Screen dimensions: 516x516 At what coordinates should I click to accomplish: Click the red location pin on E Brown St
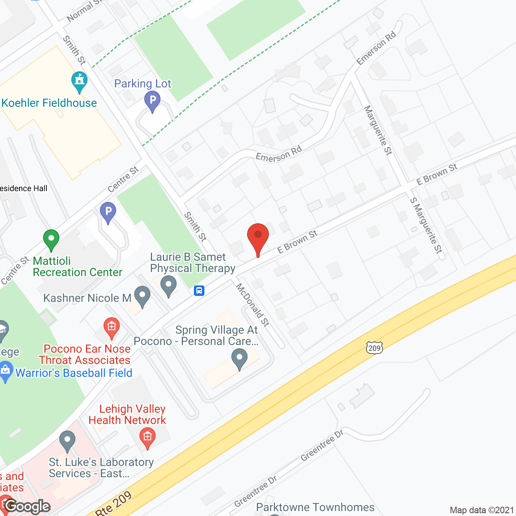[x=258, y=236]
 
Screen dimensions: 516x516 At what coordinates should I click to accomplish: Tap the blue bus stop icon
[x=199, y=290]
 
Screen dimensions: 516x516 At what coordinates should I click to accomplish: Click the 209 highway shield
[x=374, y=348]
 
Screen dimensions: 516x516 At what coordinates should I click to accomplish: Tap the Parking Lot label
[x=143, y=84]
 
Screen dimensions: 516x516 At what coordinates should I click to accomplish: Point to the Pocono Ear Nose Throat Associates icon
[x=112, y=327]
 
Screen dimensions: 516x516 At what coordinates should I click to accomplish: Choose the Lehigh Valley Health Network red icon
[x=148, y=437]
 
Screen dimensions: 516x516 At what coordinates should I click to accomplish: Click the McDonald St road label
[x=253, y=305]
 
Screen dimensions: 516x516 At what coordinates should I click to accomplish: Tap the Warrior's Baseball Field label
[x=74, y=373]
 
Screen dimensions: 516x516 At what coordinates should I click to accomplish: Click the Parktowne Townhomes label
[x=315, y=507]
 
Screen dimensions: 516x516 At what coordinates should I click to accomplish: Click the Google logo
[x=27, y=506]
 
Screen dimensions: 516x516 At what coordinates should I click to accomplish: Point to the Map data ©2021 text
[x=482, y=510]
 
